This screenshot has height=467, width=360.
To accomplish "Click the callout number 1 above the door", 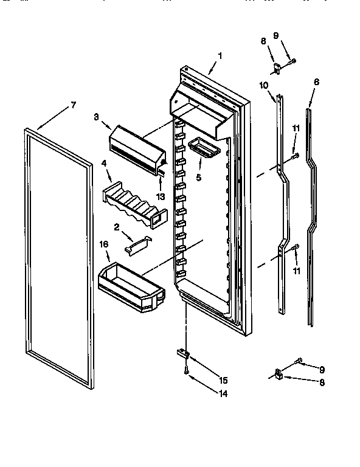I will point(220,56).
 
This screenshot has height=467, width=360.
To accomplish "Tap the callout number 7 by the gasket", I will point(73,105).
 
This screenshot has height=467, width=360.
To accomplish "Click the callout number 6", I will point(316,81).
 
